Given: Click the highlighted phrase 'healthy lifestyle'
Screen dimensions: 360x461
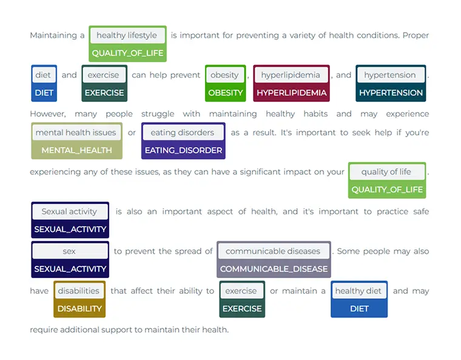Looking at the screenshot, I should [127, 35].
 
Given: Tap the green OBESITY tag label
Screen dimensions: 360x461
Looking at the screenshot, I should [225, 93].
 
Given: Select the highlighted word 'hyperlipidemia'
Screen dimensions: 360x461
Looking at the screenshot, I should [291, 75].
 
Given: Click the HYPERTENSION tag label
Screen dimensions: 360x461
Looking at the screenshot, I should [391, 93].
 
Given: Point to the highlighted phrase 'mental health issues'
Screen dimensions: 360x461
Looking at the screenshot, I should [76, 132].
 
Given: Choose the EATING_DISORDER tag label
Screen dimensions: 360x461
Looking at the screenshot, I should [183, 150].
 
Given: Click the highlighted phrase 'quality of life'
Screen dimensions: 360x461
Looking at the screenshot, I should [386, 172].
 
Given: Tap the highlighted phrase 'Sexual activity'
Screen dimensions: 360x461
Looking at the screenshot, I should [69, 212].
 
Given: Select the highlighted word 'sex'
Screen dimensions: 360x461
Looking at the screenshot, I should [69, 251].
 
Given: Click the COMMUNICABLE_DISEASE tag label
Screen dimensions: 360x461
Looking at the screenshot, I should [274, 269].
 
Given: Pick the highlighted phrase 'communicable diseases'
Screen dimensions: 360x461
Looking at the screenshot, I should [273, 251].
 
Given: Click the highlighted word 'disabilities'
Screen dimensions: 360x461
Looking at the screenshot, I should [79, 291].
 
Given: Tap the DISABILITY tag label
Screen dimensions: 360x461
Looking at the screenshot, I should [79, 308].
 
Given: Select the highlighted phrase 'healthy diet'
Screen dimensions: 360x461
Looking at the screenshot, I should [358, 291].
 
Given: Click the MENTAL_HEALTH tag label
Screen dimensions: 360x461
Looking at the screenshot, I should [76, 150].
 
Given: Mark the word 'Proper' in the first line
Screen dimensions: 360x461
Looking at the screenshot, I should [416, 35].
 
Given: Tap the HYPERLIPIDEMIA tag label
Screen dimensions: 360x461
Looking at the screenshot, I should [291, 93].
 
